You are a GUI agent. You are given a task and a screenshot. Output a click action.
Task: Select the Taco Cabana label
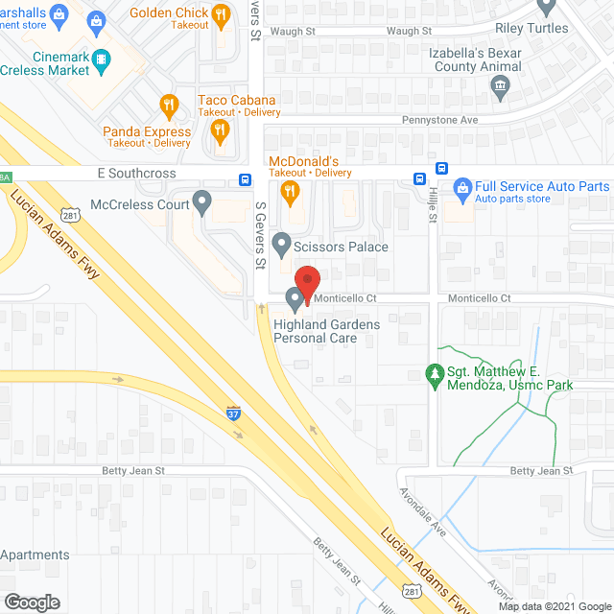coord(236,101)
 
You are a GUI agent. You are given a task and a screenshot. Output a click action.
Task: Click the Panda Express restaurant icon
coord(169,106)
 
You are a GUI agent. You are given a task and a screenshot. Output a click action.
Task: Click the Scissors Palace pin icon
coord(281,246)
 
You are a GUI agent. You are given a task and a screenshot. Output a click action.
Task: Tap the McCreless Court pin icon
coord(201,203)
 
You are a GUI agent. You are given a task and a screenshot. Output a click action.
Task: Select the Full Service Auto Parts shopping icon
coord(460,187)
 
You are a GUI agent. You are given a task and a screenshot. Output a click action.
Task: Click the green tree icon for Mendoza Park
coord(435,372)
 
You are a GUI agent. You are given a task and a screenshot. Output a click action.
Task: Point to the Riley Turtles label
coord(532,28)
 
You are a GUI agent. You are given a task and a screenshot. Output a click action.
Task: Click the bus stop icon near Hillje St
coord(419,179)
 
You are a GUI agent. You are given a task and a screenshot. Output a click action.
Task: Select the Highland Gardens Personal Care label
coord(326,331)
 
